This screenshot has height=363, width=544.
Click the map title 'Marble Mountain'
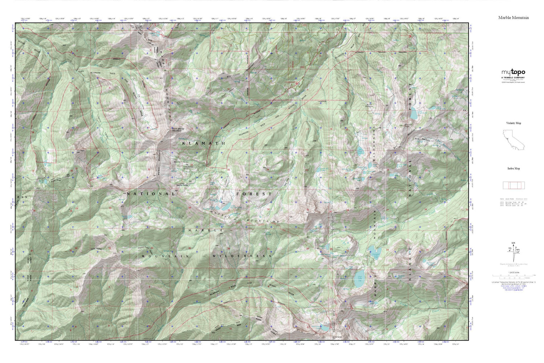513,17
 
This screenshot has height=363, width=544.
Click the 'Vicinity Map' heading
514,123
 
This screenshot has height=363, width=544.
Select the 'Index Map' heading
513,168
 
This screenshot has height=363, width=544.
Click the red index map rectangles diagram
513,185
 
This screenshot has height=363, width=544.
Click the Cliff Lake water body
359,279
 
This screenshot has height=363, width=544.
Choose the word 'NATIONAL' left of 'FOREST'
151,194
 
